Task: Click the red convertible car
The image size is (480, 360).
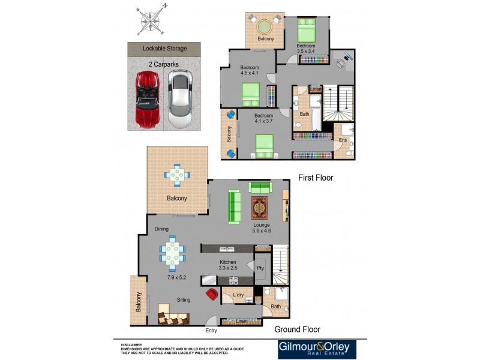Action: (x=146, y=98)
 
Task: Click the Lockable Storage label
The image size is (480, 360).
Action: (x=164, y=49)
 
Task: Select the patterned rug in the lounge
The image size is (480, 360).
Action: (x=261, y=208)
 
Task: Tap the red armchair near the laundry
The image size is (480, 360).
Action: (x=212, y=294)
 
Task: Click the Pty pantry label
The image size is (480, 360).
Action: (x=260, y=268)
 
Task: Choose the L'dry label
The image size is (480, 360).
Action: (x=238, y=295)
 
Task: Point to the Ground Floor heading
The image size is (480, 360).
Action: (x=297, y=329)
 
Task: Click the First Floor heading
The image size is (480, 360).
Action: (x=316, y=178)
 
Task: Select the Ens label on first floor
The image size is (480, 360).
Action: (x=343, y=140)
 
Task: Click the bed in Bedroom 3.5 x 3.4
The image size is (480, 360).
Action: (x=305, y=28)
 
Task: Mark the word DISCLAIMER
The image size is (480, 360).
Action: (x=131, y=345)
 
